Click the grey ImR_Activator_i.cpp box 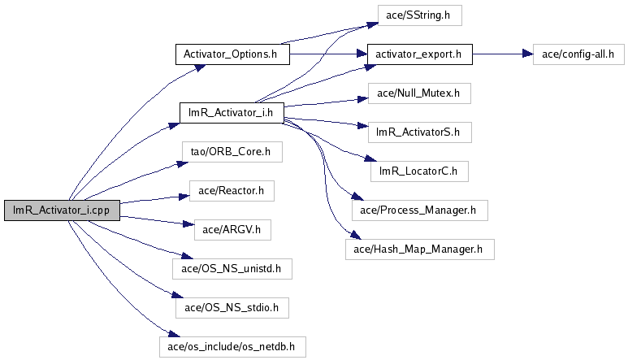(62, 210)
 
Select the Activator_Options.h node (232, 54)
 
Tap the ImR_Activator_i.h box (232, 112)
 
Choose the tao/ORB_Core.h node (232, 152)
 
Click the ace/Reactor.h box (232, 191)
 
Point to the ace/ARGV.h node (232, 230)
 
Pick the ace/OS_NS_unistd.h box (232, 269)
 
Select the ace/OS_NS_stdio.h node (232, 308)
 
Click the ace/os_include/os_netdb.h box (232, 347)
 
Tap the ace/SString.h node (420, 15)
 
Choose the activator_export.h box (420, 54)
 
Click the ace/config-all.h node (578, 54)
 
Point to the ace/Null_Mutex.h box (419, 93)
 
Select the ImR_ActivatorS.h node (420, 132)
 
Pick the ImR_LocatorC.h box (419, 171)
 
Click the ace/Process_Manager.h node (420, 210)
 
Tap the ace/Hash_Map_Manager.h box (420, 249)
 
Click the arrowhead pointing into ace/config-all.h (528, 54)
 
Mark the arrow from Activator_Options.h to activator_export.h (328, 54)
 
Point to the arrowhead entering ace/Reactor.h (184, 196)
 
